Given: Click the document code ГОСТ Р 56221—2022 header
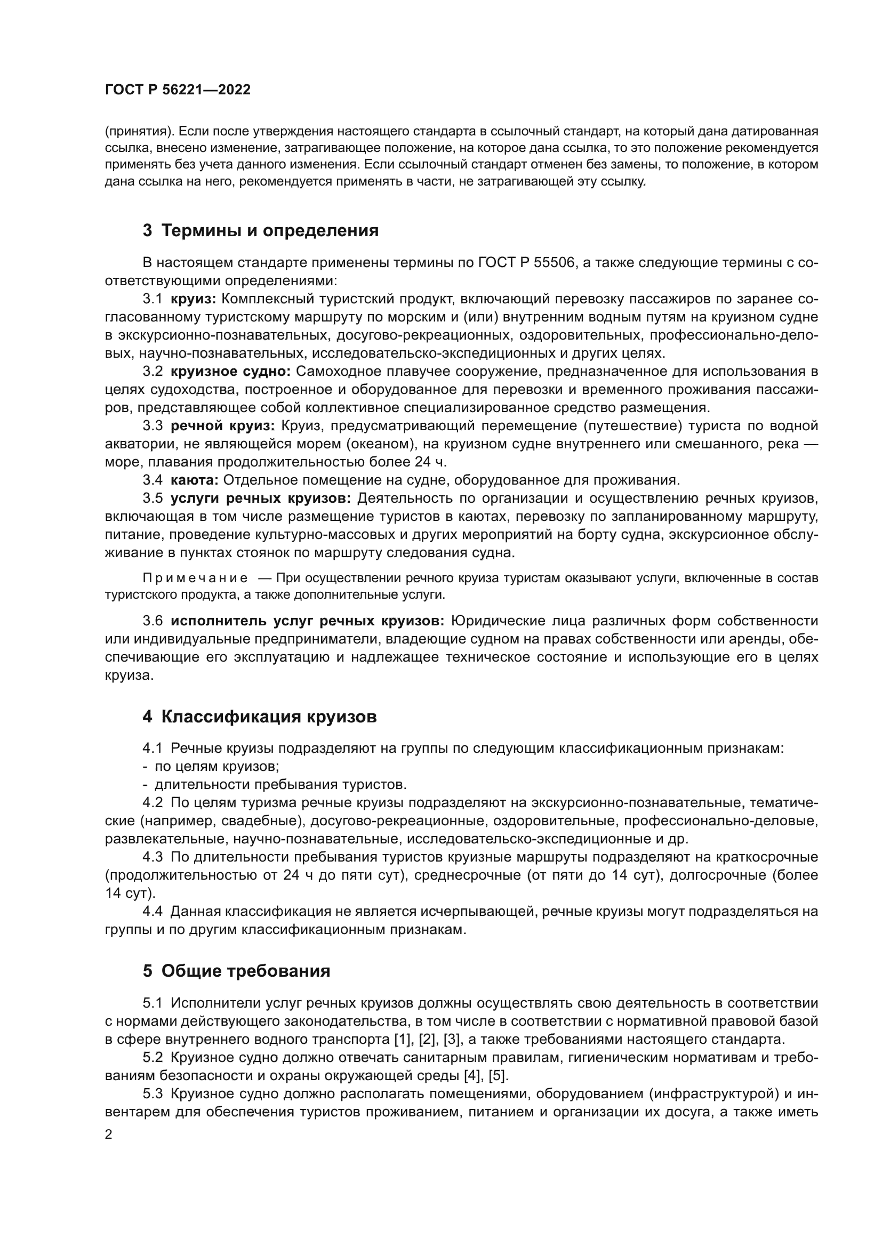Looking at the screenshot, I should coord(178,90).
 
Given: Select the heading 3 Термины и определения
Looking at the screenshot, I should coord(261,231).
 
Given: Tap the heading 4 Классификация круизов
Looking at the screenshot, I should coord(260,717).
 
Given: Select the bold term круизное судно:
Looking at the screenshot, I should coord(231,372).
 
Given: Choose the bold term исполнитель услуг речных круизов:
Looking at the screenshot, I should coord(308,621).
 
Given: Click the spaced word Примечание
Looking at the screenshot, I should coord(195,578).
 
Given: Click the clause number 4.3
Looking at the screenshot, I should coord(153,857).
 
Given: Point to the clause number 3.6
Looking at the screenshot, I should coord(153,621).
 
